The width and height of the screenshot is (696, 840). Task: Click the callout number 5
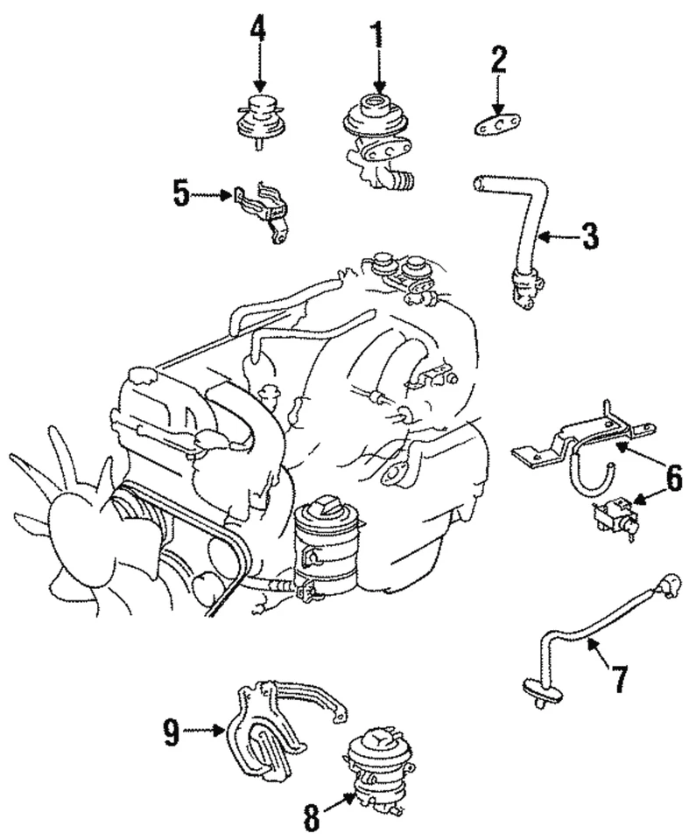(181, 193)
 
